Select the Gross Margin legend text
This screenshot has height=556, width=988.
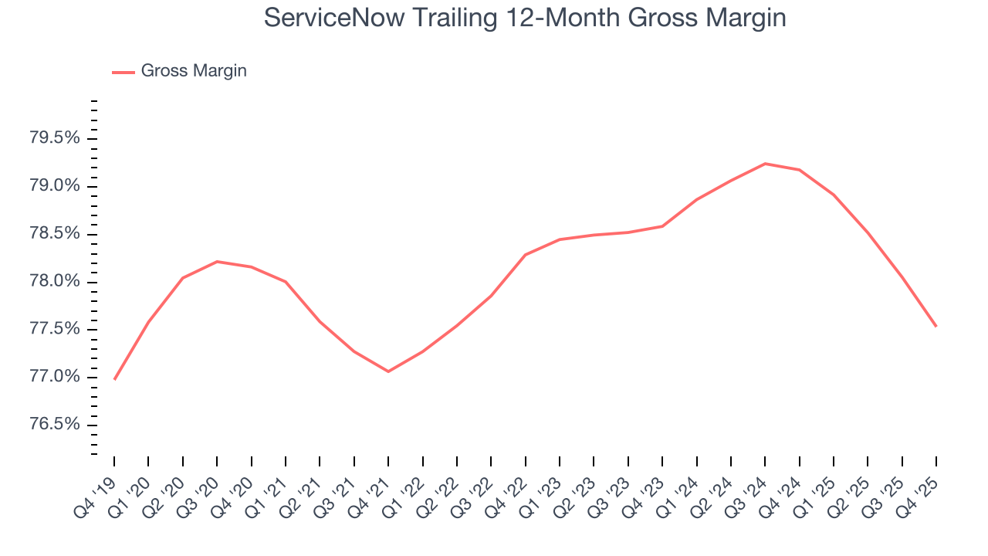point(194,71)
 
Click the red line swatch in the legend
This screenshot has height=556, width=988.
point(123,72)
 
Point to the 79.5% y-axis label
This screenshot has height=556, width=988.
point(55,139)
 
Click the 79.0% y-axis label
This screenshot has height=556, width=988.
point(55,187)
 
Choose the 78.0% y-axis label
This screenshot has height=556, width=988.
point(55,282)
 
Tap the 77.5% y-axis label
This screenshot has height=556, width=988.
point(55,330)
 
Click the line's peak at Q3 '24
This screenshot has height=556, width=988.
point(765,164)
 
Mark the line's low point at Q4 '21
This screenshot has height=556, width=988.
point(388,371)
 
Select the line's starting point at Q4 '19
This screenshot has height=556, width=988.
point(114,379)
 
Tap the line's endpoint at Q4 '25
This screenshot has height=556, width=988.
point(936,326)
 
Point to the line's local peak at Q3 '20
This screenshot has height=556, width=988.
point(217,262)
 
